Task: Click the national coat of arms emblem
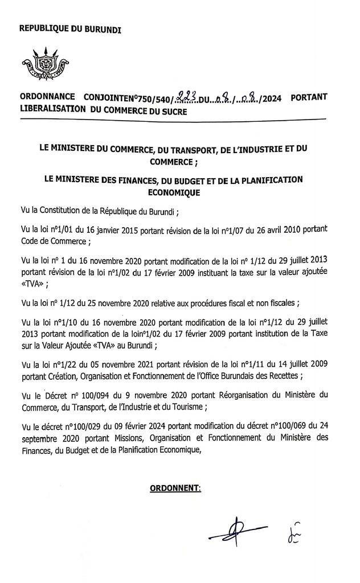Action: point(45,65)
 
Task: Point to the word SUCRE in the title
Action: point(173,112)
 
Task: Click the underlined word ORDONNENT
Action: point(175,487)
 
